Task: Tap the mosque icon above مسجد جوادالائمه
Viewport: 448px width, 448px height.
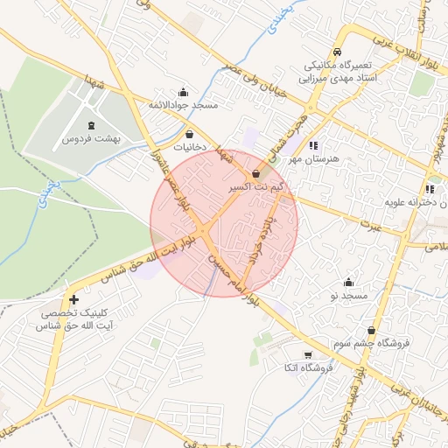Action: pyautogui.click(x=183, y=92)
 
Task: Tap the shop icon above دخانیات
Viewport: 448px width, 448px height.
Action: pyautogui.click(x=191, y=135)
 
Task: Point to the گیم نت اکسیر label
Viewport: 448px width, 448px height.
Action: pyautogui.click(x=255, y=187)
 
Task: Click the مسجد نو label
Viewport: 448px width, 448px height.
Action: pyautogui.click(x=349, y=297)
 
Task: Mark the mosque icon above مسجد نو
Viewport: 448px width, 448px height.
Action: pyautogui.click(x=349, y=283)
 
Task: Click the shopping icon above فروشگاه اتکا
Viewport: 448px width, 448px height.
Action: pyautogui.click(x=308, y=354)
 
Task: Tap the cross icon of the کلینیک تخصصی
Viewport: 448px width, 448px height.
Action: pyautogui.click(x=73, y=300)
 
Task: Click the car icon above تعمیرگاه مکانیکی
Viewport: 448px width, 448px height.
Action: pyautogui.click(x=338, y=52)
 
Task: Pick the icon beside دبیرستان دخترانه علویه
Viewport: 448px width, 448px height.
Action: pyautogui.click(x=430, y=189)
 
